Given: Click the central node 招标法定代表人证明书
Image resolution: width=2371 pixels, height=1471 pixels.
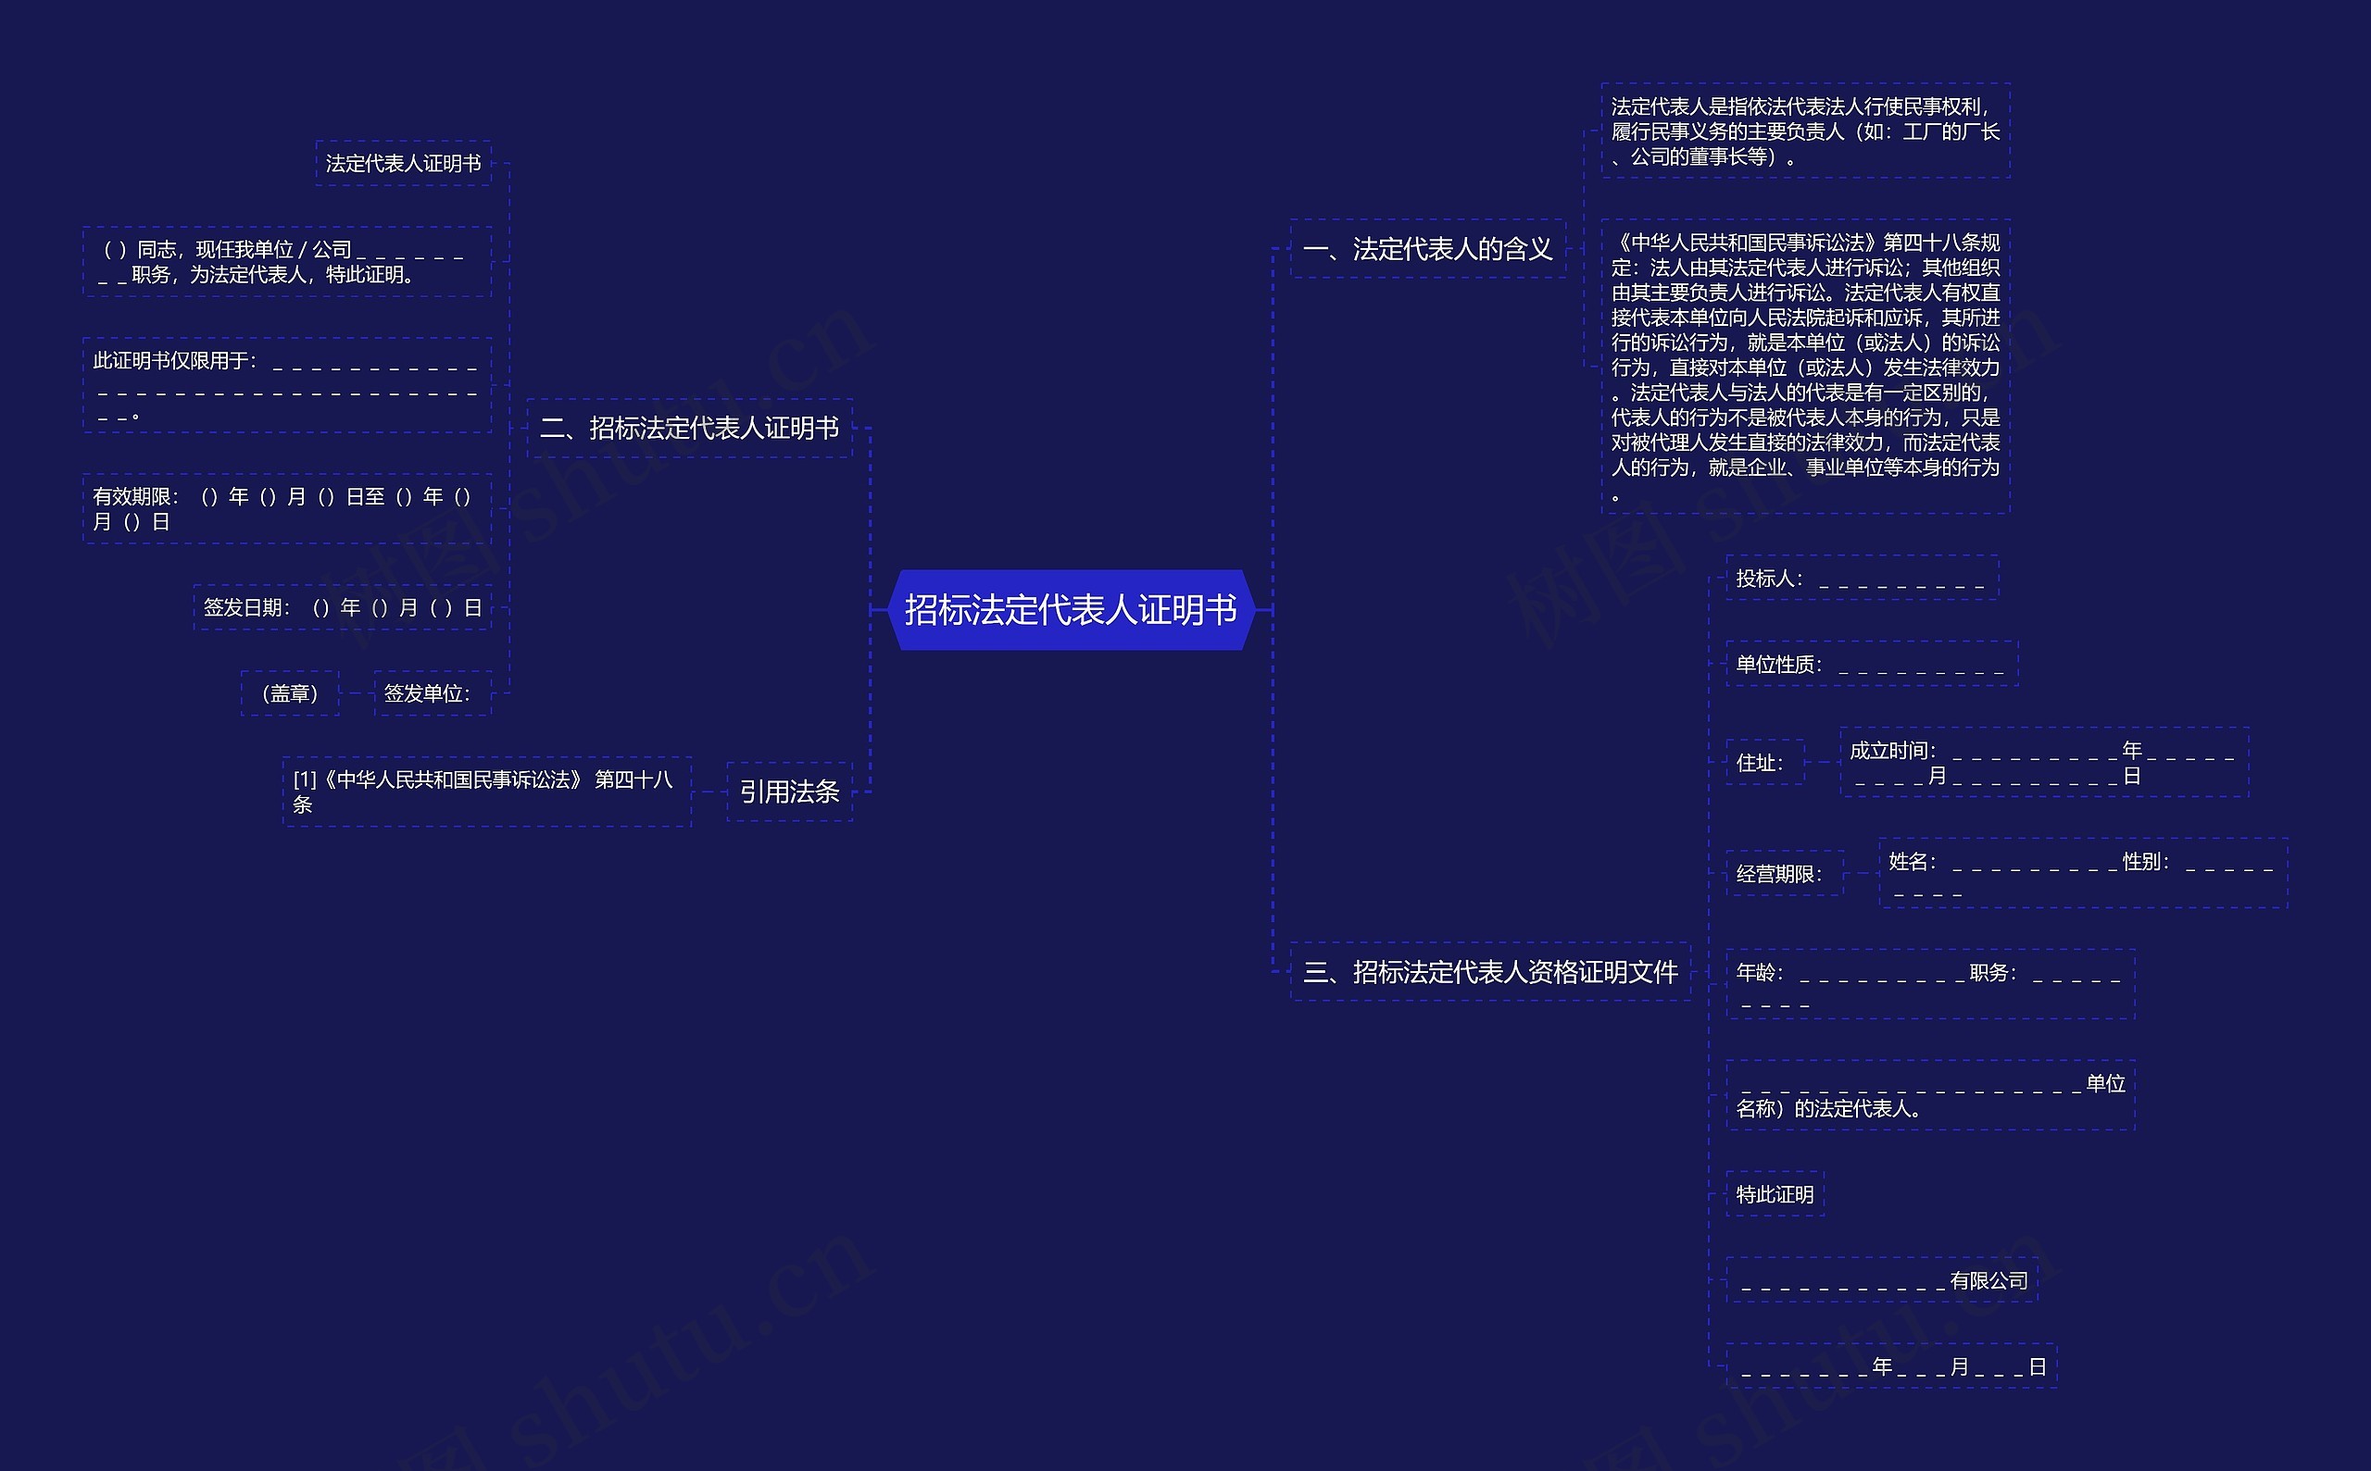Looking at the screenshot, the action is click(x=1071, y=610).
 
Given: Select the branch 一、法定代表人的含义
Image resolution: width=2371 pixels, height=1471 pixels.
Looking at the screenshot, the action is click(x=1427, y=249).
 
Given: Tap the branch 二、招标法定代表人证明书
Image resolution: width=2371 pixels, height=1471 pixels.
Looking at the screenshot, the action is click(x=689, y=428).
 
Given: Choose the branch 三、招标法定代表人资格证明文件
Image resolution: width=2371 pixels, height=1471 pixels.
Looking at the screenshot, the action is click(x=1489, y=972).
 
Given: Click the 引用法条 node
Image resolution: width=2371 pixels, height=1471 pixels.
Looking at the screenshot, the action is click(x=788, y=792).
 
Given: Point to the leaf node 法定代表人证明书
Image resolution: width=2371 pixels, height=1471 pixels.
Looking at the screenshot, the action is click(x=403, y=164).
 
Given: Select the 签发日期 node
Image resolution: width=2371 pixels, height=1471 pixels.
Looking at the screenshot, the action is click(x=342, y=608).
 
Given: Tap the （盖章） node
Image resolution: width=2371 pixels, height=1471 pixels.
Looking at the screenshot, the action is click(x=290, y=693).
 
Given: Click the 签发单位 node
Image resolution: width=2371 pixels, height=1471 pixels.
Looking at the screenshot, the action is click(x=433, y=693).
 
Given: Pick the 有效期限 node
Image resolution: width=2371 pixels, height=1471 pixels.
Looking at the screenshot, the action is click(x=286, y=509).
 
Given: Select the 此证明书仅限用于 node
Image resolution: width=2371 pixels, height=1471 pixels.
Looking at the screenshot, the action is click(x=286, y=385).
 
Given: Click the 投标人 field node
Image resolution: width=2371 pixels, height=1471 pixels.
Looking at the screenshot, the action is click(x=1861, y=579).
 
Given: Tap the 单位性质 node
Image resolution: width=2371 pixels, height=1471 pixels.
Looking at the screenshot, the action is click(x=1871, y=665).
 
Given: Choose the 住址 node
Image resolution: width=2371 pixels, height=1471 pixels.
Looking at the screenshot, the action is click(x=1763, y=763).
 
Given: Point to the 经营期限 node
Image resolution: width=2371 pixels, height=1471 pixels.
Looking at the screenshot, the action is click(x=1783, y=874).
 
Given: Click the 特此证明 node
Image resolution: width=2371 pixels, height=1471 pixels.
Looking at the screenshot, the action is click(x=1775, y=1195).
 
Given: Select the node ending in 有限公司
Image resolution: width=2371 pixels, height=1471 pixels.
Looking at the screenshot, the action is click(x=1881, y=1280).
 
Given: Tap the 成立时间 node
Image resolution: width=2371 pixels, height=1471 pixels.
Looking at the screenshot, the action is click(x=2043, y=763).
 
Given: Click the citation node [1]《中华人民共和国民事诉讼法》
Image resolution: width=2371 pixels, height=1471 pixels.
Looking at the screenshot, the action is click(x=486, y=792).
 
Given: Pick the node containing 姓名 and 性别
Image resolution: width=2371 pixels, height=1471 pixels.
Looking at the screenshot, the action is click(x=2082, y=874).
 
